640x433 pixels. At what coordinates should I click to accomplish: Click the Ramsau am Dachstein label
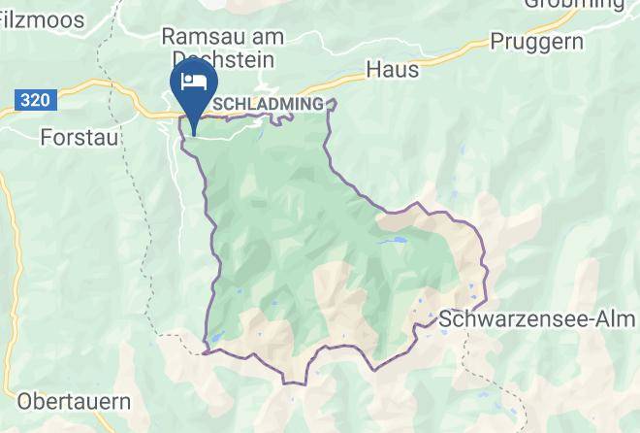(x=222, y=48)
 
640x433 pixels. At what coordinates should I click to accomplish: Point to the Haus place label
(x=393, y=70)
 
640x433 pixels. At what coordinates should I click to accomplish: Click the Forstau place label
(x=80, y=138)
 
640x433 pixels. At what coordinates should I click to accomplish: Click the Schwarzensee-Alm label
(x=538, y=318)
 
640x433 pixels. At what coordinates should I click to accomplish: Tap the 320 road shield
(x=32, y=99)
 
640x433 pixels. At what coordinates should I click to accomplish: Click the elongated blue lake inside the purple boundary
(x=394, y=240)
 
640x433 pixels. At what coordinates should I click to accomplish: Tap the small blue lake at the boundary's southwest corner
(x=214, y=339)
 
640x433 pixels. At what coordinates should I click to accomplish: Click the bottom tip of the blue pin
(x=194, y=134)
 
